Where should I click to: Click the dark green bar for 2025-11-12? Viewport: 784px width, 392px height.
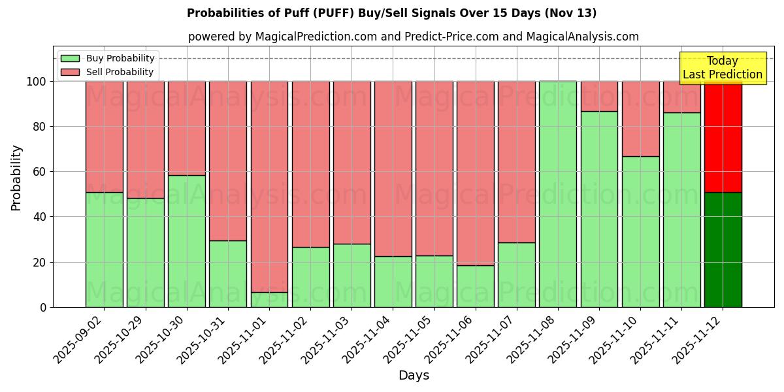tap(723, 250)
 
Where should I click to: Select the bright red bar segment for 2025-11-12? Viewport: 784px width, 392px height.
tap(723, 137)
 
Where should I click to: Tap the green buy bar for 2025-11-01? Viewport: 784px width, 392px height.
tap(269, 300)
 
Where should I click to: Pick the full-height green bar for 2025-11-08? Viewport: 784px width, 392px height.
tap(558, 194)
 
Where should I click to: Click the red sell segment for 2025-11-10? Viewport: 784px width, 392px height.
tap(640, 119)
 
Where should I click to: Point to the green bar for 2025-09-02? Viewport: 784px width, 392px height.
tap(104, 250)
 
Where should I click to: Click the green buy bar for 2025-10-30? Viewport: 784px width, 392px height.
tap(187, 241)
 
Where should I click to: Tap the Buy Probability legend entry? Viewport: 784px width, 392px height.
tap(108, 58)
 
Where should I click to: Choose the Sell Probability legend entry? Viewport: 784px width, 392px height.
tap(108, 72)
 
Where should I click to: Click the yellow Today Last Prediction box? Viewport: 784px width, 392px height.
tap(723, 68)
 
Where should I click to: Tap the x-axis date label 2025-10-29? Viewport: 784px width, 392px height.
tap(120, 340)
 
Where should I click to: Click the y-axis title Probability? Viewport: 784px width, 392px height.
tap(16, 177)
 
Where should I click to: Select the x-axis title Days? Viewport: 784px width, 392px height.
tap(414, 376)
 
